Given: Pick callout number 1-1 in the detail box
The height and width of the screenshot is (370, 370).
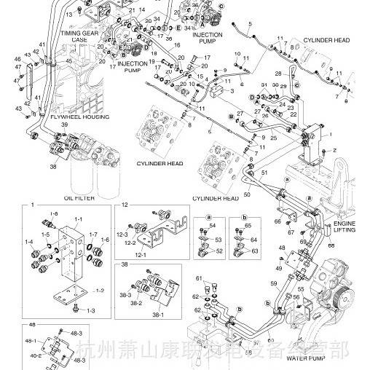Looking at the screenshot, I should pos(78,218).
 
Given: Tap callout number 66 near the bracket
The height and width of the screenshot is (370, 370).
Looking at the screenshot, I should pos(277,221).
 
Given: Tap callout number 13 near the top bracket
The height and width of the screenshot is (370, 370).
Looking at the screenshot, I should pos(69,14).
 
